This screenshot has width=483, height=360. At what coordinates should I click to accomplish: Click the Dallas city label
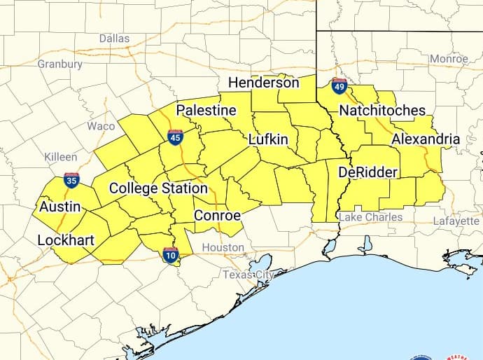coord(114,38)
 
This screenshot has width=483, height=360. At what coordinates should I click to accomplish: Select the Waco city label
coord(101,126)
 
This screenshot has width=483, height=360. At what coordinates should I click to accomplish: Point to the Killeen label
coord(61,157)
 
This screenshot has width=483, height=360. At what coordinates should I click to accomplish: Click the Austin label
coord(59,207)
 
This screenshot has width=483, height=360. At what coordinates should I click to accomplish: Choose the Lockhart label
coord(66,240)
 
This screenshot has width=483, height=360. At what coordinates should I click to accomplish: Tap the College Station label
coord(158,188)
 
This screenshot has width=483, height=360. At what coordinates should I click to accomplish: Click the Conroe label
coord(217,215)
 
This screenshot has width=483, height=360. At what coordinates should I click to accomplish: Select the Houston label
coord(223,247)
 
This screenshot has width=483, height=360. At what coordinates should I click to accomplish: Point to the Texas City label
coord(248,275)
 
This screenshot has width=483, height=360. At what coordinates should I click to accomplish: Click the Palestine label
coord(206,111)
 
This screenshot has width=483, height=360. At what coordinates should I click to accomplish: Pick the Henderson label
coord(264,83)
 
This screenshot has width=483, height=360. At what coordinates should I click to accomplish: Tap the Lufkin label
coord(268,139)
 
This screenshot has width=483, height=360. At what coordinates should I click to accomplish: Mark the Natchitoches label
coord(381,111)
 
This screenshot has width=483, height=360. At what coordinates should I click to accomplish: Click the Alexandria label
coord(426,139)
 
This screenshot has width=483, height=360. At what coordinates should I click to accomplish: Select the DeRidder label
coord(367,172)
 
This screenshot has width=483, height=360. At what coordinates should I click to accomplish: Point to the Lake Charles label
coord(370,217)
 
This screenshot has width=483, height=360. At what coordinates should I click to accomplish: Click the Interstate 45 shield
coord(176,137)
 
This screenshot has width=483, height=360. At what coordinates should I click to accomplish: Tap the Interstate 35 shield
coord(71,180)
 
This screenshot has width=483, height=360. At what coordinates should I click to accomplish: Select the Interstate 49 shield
coord(339,87)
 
